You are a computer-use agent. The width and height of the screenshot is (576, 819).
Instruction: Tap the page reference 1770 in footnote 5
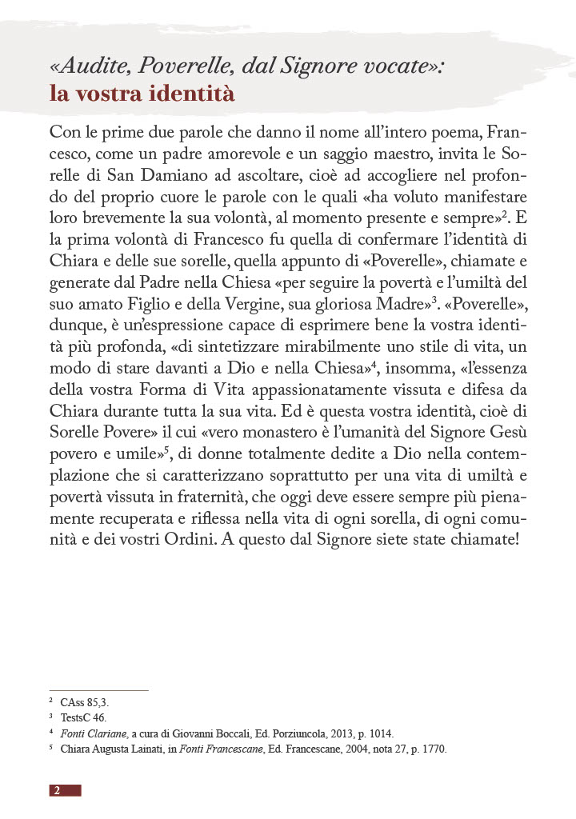432,749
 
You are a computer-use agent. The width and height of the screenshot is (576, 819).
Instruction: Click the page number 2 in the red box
57,790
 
